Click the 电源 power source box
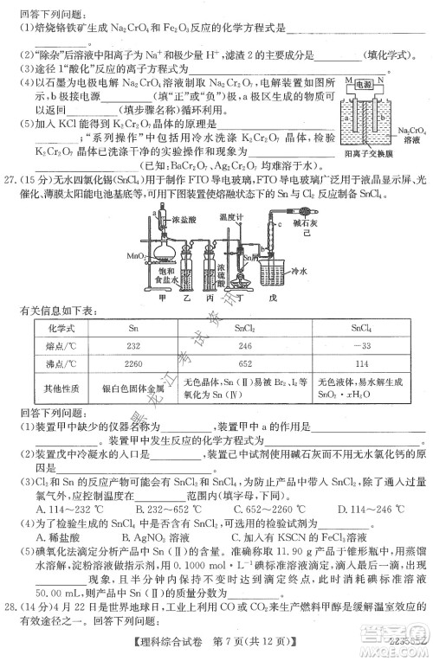[x=378, y=85]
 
